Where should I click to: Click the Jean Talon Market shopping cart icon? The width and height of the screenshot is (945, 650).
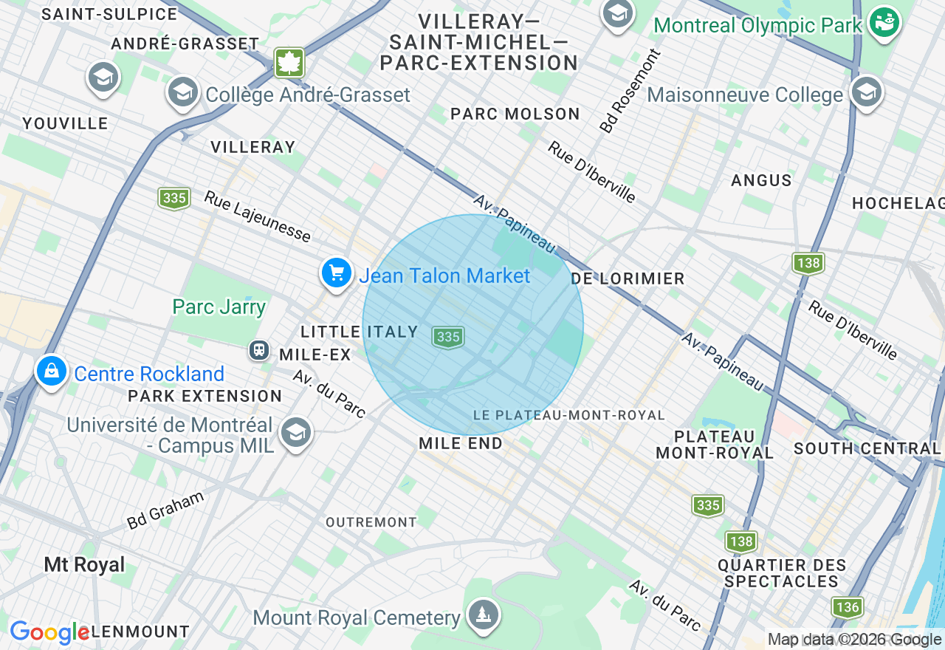[x=337, y=274]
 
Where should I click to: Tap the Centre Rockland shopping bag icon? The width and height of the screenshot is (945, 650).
[x=51, y=372]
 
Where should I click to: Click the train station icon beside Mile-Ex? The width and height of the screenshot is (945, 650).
[x=259, y=349]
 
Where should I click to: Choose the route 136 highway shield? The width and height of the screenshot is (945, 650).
[x=848, y=607]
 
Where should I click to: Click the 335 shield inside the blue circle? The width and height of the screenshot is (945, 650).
[x=448, y=337]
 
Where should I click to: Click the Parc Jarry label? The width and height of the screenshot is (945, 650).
[x=219, y=307]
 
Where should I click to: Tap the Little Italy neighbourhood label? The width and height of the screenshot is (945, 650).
[x=360, y=332]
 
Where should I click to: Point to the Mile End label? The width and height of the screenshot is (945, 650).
[x=461, y=443]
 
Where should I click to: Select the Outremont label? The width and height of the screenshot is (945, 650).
[x=371, y=522]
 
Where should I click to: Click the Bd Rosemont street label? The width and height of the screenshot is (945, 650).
[x=630, y=92]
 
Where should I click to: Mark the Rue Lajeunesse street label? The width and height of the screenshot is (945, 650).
[x=257, y=216]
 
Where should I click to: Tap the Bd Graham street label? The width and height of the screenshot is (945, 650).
[x=165, y=510]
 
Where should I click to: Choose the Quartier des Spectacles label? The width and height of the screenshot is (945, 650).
[x=782, y=573]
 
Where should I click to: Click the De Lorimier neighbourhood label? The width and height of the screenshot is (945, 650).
[x=628, y=278]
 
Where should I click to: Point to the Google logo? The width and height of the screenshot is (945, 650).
[x=49, y=632]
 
